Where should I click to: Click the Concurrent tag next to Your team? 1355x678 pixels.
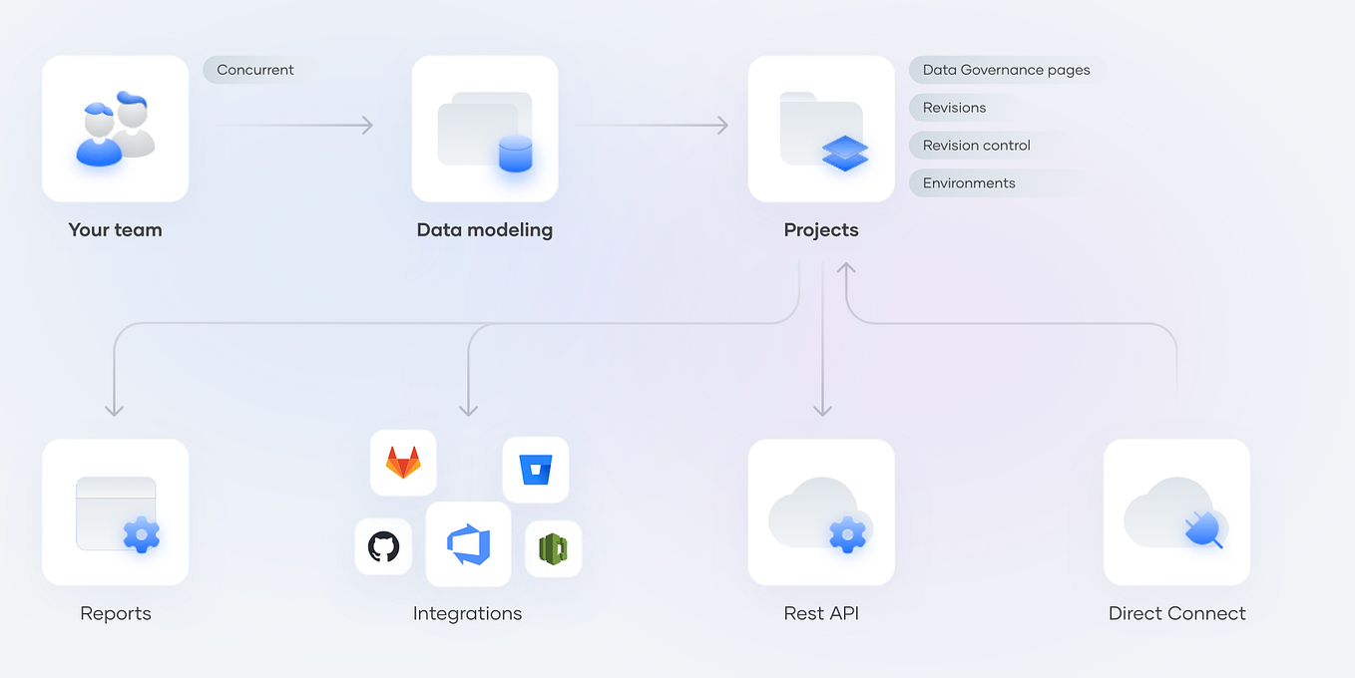click(x=255, y=70)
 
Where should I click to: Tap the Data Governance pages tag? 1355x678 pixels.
click(x=1006, y=70)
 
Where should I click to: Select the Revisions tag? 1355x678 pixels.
click(x=955, y=108)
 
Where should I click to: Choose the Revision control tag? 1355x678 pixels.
click(x=977, y=146)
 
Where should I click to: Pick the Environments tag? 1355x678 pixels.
click(x=969, y=183)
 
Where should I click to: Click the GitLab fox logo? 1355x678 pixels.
click(x=403, y=463)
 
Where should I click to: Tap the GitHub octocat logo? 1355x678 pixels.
click(x=383, y=546)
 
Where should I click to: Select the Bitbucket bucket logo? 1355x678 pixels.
click(x=536, y=470)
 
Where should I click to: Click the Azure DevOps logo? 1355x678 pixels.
click(x=468, y=544)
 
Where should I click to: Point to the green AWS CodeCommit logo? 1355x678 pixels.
click(x=553, y=549)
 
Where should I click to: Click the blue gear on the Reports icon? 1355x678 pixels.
click(x=142, y=534)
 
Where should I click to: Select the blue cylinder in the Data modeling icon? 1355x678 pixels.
click(x=515, y=155)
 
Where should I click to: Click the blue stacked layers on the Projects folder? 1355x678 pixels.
click(x=845, y=153)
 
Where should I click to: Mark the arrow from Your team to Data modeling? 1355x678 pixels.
click(x=294, y=125)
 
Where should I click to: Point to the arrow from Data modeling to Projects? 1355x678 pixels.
click(x=654, y=125)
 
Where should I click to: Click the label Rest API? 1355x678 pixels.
click(x=821, y=613)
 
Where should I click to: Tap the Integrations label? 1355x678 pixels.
click(x=467, y=613)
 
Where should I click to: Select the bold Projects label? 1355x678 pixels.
click(x=821, y=230)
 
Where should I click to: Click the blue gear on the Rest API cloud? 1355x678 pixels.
click(x=847, y=534)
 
